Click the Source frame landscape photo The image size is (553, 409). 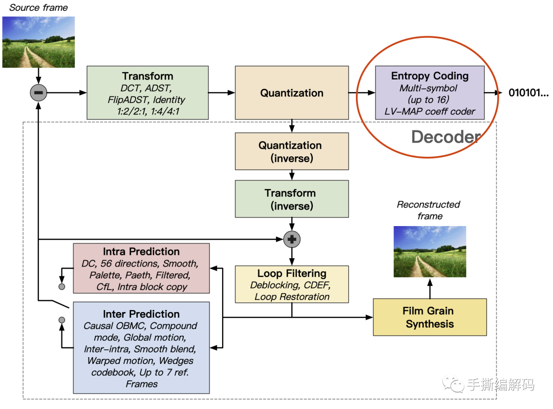point(38,42)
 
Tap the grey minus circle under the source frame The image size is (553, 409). point(39,93)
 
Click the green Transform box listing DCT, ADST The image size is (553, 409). point(147,93)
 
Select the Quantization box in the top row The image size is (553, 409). point(291,93)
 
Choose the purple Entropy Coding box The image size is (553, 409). point(430,93)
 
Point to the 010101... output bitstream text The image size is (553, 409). point(528,93)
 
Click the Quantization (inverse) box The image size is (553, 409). point(291,151)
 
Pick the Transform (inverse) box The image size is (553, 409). point(291,199)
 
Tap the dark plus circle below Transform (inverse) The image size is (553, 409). point(292,239)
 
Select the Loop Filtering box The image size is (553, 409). point(291,284)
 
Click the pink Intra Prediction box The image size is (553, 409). point(141,268)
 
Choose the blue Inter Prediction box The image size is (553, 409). point(141,347)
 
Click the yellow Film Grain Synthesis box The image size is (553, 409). point(430,317)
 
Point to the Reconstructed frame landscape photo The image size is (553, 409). point(430,251)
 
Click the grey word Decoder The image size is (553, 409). point(446,137)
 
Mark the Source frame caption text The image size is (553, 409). point(38,8)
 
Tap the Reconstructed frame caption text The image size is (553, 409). point(429,210)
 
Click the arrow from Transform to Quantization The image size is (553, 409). point(221,93)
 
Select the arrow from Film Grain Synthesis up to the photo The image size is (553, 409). point(430,288)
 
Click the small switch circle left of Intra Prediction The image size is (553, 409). point(62,286)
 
